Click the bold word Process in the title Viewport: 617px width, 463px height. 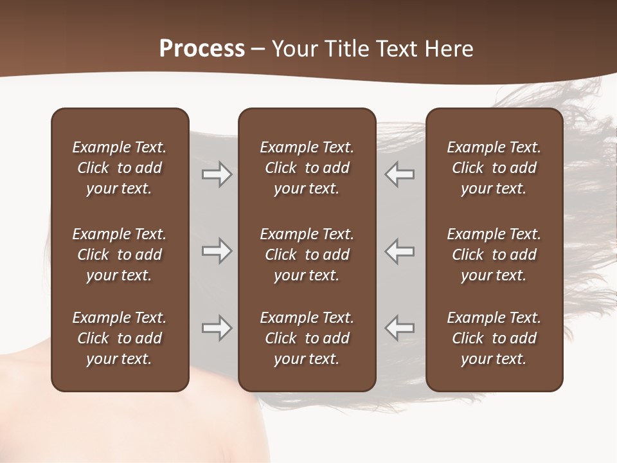pos(202,49)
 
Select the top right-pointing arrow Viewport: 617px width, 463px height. pos(217,175)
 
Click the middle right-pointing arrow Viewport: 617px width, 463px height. pos(217,251)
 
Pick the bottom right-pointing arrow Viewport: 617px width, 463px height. pos(217,328)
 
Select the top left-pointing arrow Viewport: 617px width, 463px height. pos(400,175)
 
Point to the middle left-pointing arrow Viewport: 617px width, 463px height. pos(400,251)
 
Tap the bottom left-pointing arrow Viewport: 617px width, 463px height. pos(400,328)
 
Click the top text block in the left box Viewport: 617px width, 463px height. pos(120,168)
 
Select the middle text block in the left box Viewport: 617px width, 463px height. pos(120,255)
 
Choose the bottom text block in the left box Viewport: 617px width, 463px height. pos(120,338)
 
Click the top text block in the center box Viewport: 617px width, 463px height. pos(307,168)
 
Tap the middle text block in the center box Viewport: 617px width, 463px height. pos(307,255)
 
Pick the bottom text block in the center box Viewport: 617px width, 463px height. pos(307,338)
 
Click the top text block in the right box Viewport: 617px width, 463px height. pos(494,168)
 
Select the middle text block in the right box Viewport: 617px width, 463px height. pos(494,255)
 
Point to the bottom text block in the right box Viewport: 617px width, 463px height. pos(494,338)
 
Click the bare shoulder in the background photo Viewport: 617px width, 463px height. pos(96,424)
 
